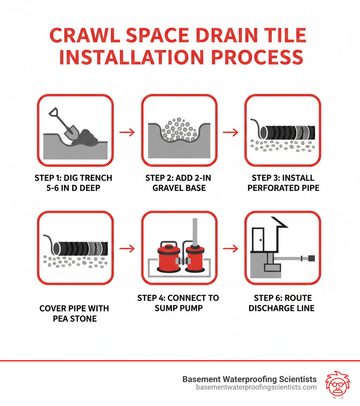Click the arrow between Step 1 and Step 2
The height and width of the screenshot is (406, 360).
click(x=127, y=133)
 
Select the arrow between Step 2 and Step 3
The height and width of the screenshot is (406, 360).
click(x=231, y=133)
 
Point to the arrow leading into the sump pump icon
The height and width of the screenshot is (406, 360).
click(x=127, y=249)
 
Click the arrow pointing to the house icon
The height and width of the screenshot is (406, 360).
click(x=231, y=249)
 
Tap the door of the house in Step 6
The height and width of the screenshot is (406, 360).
click(x=259, y=240)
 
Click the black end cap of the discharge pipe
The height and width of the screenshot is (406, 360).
click(x=311, y=259)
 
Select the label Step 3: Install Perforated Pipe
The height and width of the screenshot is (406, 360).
click(x=283, y=183)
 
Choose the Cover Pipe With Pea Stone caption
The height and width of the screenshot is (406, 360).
click(x=74, y=313)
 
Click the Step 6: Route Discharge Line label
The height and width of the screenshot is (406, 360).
click(x=283, y=303)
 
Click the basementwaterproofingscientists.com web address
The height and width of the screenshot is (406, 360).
click(x=256, y=387)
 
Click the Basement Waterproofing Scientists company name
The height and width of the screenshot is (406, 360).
click(x=250, y=379)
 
